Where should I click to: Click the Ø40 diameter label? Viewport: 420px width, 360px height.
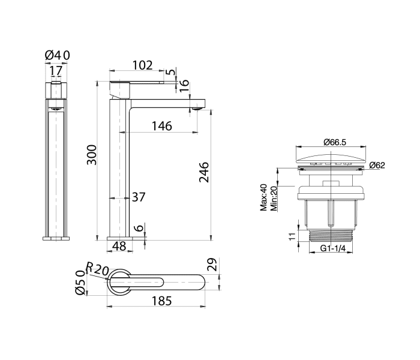pyautogui.click(x=58, y=56)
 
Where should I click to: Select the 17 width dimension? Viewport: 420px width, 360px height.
pyautogui.click(x=56, y=71)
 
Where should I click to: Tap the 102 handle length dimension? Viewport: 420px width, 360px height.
pyautogui.click(x=142, y=65)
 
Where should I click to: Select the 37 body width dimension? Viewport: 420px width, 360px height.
pyautogui.click(x=138, y=197)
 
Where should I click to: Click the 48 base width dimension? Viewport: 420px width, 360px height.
pyautogui.click(x=119, y=245)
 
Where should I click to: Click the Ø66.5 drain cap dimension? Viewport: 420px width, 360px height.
pyautogui.click(x=336, y=142)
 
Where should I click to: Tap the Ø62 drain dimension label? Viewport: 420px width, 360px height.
pyautogui.click(x=377, y=164)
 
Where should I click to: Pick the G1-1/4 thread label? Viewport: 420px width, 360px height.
pyautogui.click(x=333, y=248)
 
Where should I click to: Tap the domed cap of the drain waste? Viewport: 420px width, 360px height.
pyautogui.click(x=332, y=158)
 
